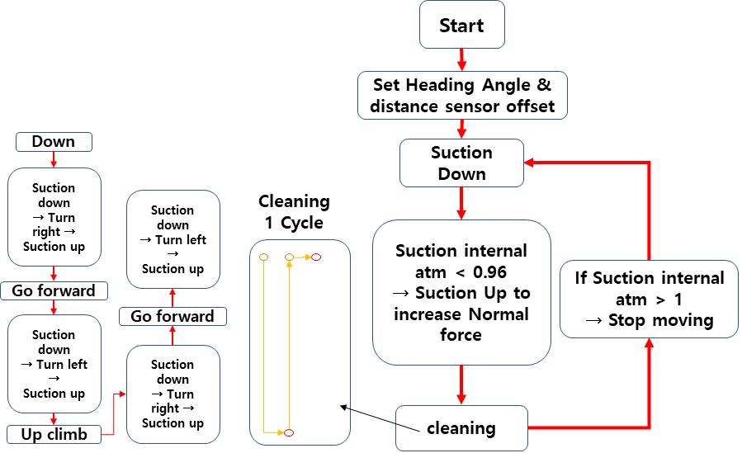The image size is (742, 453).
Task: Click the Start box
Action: [x=462, y=25]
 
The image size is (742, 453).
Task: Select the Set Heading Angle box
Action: [x=462, y=95]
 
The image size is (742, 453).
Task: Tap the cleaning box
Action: [x=461, y=428]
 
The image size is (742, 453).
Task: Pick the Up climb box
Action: [x=54, y=434]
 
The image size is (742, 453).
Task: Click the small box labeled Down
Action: [x=54, y=142]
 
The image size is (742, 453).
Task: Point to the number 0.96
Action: [x=489, y=272]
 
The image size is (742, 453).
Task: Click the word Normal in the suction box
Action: [x=499, y=314]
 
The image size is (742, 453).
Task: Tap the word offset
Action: [x=531, y=106]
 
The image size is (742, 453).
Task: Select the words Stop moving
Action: [x=660, y=320]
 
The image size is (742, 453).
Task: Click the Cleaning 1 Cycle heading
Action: [x=294, y=212]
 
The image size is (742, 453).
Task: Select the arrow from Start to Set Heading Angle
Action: [x=462, y=59]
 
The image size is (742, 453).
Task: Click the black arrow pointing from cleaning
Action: [x=380, y=418]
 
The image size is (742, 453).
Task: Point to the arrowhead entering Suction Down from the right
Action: [x=529, y=163]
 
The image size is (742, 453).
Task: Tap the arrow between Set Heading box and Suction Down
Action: [x=462, y=129]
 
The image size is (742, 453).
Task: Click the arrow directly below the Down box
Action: [x=54, y=160]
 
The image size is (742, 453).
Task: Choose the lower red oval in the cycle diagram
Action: [x=289, y=432]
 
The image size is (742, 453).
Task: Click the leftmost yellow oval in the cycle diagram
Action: [x=263, y=257]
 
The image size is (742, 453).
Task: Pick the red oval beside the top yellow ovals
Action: [x=316, y=257]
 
